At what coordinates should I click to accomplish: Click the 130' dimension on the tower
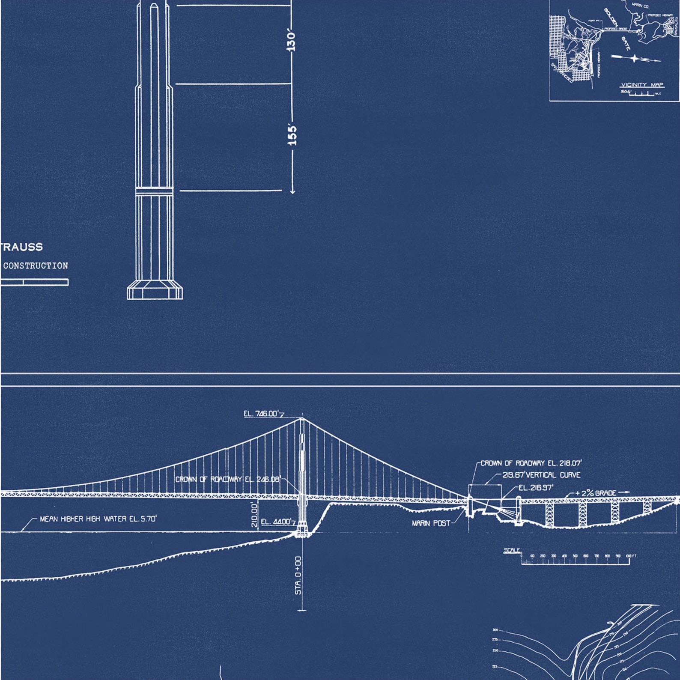coord(291,40)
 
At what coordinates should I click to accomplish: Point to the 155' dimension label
coord(292,134)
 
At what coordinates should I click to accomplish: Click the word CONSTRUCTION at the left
coord(36,265)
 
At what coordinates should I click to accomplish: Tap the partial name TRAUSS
coord(22,247)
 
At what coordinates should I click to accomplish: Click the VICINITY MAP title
coord(642,85)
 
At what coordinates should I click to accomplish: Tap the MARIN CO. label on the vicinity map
coord(640,6)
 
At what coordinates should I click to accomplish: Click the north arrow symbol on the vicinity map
coord(635,58)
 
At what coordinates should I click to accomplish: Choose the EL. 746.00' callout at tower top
coord(261,414)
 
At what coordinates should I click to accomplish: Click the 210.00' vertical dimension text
coord(254,515)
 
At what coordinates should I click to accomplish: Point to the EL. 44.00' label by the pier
coord(276,522)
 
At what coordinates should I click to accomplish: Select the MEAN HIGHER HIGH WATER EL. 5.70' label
coord(98,519)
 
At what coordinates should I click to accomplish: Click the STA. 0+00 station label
coord(298,575)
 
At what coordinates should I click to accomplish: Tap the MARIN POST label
coord(431,523)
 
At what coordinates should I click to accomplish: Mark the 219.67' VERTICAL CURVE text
coord(541,475)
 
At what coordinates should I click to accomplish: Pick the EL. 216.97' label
coord(536,487)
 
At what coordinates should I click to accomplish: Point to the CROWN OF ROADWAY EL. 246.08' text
coord(228,479)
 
